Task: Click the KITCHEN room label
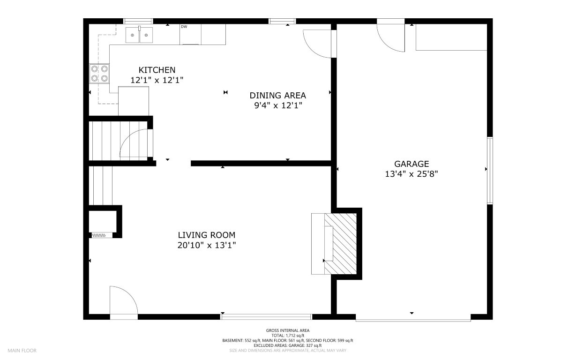[157, 70]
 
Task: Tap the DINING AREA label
[278, 96]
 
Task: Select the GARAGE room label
[411, 164]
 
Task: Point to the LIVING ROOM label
[207, 235]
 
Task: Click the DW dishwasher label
[184, 27]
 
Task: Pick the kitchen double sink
[139, 35]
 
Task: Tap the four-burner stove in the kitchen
[99, 74]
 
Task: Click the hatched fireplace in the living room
[340, 243]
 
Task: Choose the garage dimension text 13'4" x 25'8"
[411, 174]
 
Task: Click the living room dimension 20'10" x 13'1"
[207, 245]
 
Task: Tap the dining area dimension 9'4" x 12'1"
[278, 105]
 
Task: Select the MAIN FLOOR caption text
[22, 351]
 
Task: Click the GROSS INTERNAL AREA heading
[288, 330]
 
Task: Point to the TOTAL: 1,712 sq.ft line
[288, 335]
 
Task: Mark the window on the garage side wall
[490, 171]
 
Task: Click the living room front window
[266, 317]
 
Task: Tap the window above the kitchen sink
[138, 21]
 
